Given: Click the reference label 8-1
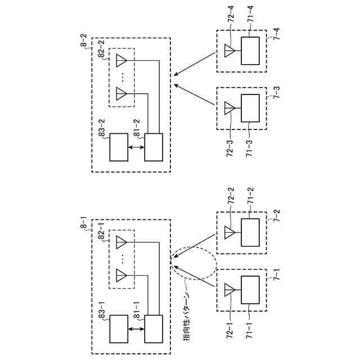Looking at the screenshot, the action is [84, 222].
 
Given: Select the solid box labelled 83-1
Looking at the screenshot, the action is [119, 328].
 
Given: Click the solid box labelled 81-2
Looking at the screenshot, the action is [154, 147].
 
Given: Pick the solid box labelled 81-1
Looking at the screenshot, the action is [154, 328].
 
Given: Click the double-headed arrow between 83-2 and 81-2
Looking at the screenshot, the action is [136, 147].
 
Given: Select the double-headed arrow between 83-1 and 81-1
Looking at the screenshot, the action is [136, 329].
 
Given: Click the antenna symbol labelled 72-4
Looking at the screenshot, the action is [229, 51].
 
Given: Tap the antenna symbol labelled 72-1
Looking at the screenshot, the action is [229, 290].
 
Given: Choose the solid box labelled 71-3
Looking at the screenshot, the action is [250, 108].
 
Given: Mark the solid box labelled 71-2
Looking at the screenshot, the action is [250, 232].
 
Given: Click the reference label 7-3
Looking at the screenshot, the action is [277, 92].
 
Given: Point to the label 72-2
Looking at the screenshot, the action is [231, 196].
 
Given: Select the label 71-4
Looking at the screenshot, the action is [250, 14].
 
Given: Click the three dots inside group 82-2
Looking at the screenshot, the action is [123, 77].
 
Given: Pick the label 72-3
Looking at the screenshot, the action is [230, 148].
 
